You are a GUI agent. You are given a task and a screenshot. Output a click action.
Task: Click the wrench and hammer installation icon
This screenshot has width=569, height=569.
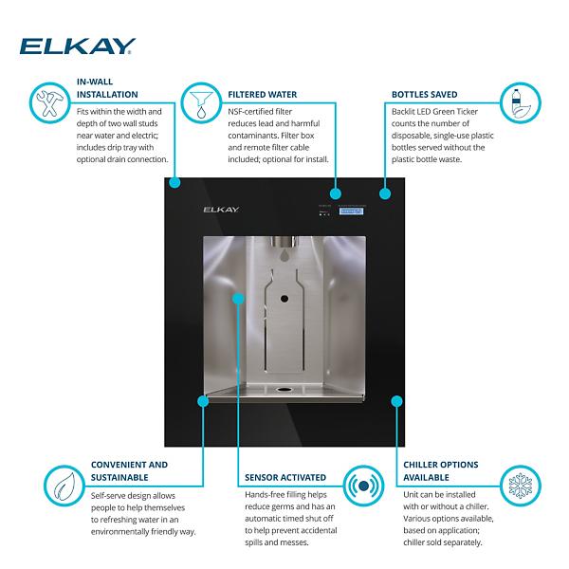[x=45, y=101]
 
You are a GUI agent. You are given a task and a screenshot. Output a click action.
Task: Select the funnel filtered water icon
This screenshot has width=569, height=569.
[x=200, y=101]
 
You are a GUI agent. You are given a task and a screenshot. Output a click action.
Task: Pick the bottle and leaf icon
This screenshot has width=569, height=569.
[x=520, y=101]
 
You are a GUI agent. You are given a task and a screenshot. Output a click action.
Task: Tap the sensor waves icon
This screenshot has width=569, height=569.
[x=362, y=485]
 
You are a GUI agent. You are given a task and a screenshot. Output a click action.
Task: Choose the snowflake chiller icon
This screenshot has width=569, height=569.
[x=520, y=485]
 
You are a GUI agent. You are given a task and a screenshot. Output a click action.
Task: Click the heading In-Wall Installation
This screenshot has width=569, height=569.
[x=106, y=88]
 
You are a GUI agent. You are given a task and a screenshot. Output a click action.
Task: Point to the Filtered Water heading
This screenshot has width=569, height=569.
[x=262, y=95]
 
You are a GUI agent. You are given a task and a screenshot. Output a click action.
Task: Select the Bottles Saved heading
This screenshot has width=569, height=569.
[x=425, y=95]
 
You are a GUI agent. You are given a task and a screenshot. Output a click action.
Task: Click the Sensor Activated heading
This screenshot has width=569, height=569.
[x=284, y=477]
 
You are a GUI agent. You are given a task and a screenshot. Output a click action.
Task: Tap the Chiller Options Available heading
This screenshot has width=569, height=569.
[x=441, y=471]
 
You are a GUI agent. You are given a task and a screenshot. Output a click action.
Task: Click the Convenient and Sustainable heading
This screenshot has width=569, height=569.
[x=129, y=471]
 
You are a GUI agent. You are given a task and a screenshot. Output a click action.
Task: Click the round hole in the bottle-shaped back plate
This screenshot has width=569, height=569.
[x=284, y=299]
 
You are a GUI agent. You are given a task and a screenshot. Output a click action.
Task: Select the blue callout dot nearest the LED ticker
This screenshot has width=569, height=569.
[x=385, y=194]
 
